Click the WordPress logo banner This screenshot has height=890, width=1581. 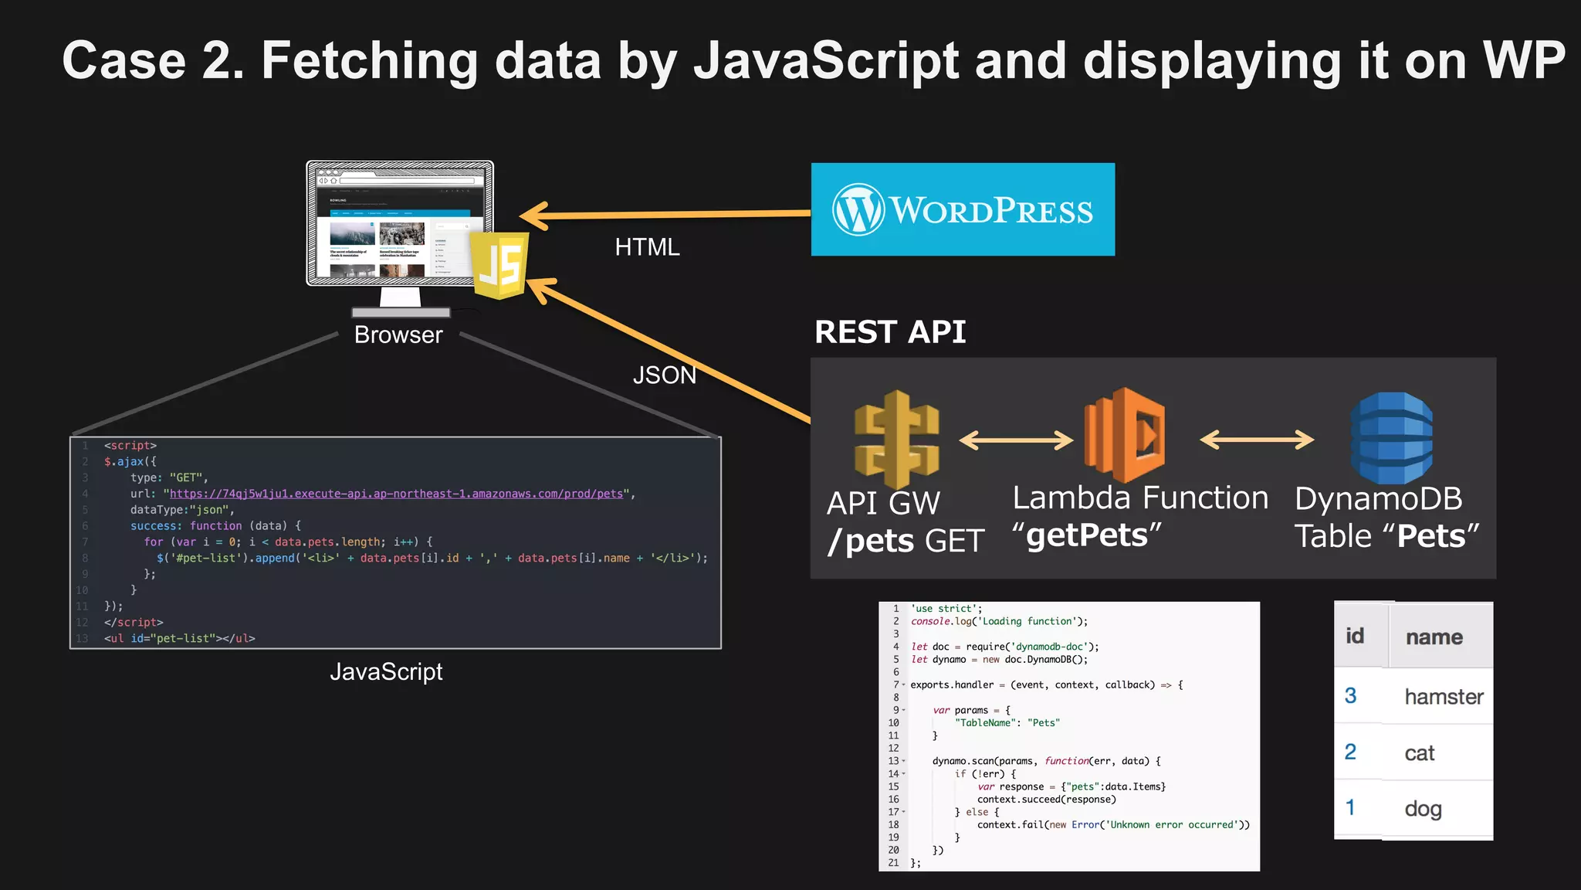tap(963, 209)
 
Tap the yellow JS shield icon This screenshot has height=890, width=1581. tap(500, 266)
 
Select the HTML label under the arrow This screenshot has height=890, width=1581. tap(647, 247)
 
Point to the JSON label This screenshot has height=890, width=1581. tap(664, 375)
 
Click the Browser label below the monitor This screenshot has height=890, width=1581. tap(398, 335)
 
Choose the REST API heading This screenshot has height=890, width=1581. tap(890, 332)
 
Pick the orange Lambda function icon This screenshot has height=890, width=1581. tap(1124, 436)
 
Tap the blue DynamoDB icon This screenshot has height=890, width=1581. tap(1391, 438)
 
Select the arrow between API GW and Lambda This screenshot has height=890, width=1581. tap(1016, 440)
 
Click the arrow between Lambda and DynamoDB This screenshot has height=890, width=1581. tap(1257, 440)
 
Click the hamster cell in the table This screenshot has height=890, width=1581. tap(1444, 697)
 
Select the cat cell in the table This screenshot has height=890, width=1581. tap(1419, 753)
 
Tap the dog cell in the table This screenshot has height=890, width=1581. tap(1423, 809)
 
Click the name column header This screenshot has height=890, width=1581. tap(1434, 637)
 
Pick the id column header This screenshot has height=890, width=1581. tap(1355, 636)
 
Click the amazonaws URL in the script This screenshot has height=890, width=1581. tap(396, 494)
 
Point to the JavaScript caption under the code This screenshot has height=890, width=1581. tap(386, 672)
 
